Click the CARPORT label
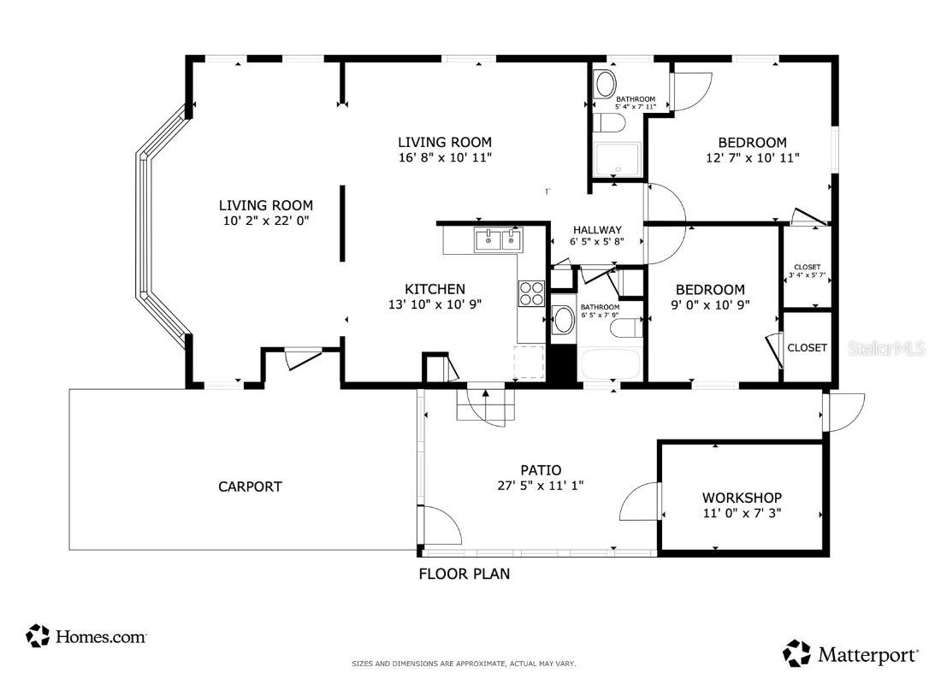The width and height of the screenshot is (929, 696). tap(250, 487)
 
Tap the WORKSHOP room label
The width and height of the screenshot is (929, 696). tap(742, 498)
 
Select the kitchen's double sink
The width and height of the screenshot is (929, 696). tap(498, 239)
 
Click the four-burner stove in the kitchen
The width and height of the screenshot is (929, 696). tap(531, 293)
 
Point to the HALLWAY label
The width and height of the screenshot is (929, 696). tap(597, 230)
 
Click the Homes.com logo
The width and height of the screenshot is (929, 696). tap(86, 636)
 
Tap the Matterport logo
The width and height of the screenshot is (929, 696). tap(851, 654)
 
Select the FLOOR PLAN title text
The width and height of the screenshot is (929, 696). tap(464, 574)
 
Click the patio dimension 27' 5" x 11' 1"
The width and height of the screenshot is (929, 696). tap(541, 485)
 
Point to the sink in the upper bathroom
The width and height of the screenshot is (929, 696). tap(605, 85)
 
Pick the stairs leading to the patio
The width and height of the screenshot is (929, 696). tap(486, 405)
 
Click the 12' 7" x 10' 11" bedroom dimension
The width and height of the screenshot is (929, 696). tap(752, 157)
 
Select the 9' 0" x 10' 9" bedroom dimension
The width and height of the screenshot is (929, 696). tap(710, 304)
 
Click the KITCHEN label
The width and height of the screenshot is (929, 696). tap(435, 289)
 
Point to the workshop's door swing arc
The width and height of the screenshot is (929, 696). tap(637, 502)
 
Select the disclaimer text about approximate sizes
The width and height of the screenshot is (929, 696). tap(464, 664)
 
